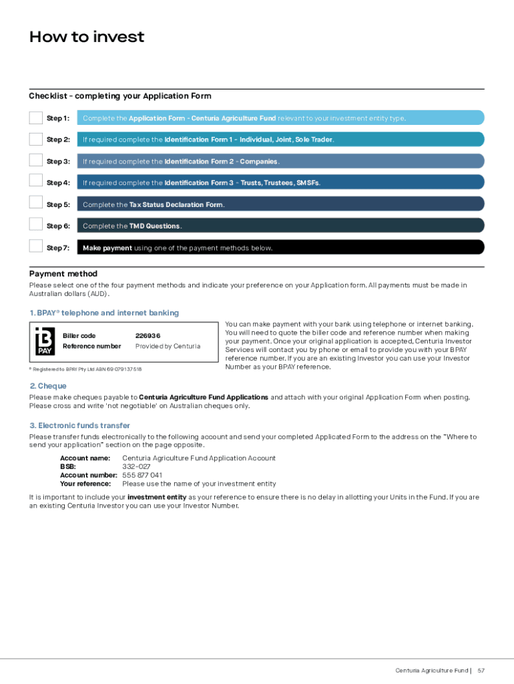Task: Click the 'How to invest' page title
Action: tap(87, 37)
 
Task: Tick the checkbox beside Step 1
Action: tap(35, 118)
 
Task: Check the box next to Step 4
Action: tap(35, 182)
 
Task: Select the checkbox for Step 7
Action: tap(35, 246)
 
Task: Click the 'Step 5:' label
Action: tap(58, 204)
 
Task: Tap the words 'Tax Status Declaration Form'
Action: tap(176, 204)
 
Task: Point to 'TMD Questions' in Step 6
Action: tap(155, 226)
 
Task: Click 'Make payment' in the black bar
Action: tap(107, 248)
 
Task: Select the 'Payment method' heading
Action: tap(63, 274)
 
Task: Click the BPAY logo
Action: tap(45, 341)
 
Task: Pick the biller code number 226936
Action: tap(148, 336)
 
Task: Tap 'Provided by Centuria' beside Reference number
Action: tap(168, 346)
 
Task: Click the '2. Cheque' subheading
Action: tap(48, 386)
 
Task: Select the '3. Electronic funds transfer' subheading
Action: tap(79, 425)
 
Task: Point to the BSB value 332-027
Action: tap(137, 467)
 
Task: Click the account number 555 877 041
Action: tap(142, 476)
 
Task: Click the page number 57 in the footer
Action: tap(481, 670)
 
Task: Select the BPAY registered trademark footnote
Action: tap(85, 369)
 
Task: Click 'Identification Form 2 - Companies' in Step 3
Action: tap(221, 162)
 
